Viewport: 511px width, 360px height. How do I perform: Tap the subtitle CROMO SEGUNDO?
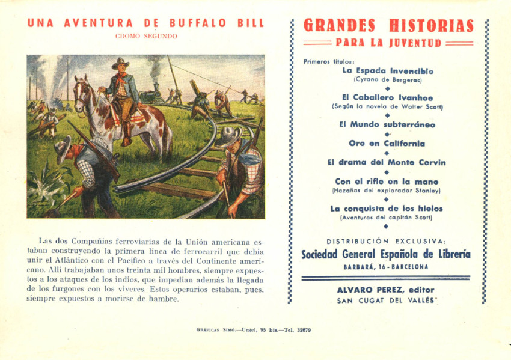pyautogui.click(x=146, y=37)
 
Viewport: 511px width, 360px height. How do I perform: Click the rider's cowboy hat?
pyautogui.click(x=120, y=63)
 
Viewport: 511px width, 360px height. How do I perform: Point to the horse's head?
pyautogui.click(x=82, y=91)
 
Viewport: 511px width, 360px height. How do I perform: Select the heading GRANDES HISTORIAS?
pyautogui.click(x=388, y=26)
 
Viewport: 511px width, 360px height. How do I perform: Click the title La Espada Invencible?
pyautogui.click(x=388, y=71)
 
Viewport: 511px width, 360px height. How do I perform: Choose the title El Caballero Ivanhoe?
pyautogui.click(x=387, y=97)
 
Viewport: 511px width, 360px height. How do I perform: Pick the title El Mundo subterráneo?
pyautogui.click(x=387, y=125)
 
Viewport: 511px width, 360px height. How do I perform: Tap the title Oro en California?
pyautogui.click(x=387, y=144)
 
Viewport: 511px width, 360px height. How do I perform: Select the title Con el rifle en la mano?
pyautogui.click(x=387, y=182)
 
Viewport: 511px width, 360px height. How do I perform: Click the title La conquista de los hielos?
pyautogui.click(x=387, y=209)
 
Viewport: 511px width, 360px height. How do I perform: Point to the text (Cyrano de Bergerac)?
pyautogui.click(x=388, y=79)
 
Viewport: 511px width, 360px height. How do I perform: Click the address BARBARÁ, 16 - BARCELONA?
pyautogui.click(x=387, y=267)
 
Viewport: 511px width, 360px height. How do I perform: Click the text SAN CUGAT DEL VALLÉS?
pyautogui.click(x=387, y=301)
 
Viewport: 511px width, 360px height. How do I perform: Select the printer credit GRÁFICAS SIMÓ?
pyautogui.click(x=213, y=330)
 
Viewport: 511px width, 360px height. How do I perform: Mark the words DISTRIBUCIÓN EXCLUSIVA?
pyautogui.click(x=387, y=241)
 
